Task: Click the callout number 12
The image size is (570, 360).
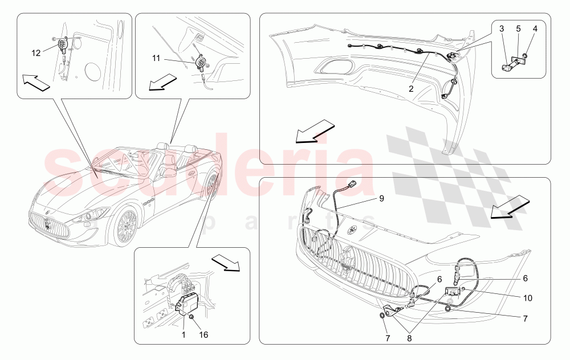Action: [36, 53]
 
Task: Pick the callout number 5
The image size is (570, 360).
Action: [518, 28]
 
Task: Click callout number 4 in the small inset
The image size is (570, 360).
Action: [535, 28]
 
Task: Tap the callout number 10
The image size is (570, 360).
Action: [528, 298]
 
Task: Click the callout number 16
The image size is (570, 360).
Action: [203, 335]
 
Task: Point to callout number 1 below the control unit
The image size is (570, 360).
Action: [182, 335]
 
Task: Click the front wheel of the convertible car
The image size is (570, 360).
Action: [124, 227]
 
